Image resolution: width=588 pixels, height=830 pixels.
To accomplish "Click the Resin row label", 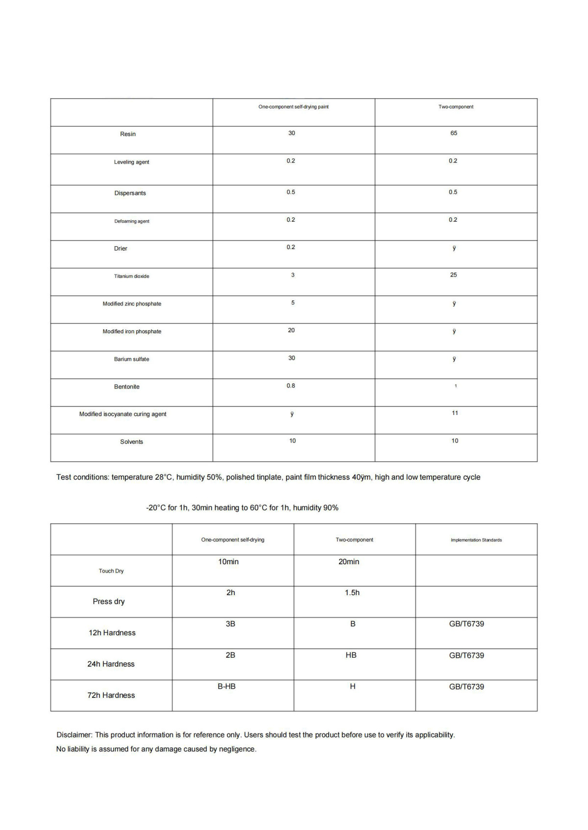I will coord(128,134).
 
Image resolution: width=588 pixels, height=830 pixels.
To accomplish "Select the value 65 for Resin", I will coord(454,133).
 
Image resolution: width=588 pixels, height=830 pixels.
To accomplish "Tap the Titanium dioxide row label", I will coord(132,277).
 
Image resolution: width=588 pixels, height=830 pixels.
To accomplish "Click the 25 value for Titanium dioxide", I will coord(454,275).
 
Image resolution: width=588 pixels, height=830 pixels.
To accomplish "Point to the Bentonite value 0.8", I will coord(291,386).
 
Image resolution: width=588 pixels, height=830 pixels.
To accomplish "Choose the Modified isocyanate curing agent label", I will coord(123,414).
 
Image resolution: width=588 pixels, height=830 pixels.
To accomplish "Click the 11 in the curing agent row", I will coord(455,413).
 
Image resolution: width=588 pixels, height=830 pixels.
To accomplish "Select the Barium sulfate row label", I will coord(132,359).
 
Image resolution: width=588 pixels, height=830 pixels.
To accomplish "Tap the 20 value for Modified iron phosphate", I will coord(292,330).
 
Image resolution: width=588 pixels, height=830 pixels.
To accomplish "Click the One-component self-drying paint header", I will coord(294,107).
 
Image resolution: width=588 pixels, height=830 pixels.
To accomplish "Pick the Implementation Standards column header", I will coord(476,540).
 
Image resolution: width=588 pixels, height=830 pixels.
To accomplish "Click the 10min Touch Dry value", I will coord(228,562).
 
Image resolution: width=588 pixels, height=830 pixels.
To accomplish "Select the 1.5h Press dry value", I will coord(352,593).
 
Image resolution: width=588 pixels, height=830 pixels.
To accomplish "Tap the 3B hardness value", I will coord(230,624).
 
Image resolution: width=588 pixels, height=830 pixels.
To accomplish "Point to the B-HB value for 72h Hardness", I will coord(226,687).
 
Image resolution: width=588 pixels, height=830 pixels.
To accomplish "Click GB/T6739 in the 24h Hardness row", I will coord(466,655).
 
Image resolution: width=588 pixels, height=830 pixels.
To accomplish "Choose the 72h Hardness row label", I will coord(111,695).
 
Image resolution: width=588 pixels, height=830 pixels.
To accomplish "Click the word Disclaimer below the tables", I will coord(74,735).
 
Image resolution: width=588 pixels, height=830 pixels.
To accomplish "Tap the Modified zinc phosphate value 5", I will coord(293,303).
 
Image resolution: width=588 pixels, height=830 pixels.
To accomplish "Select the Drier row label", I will coord(121,249).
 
